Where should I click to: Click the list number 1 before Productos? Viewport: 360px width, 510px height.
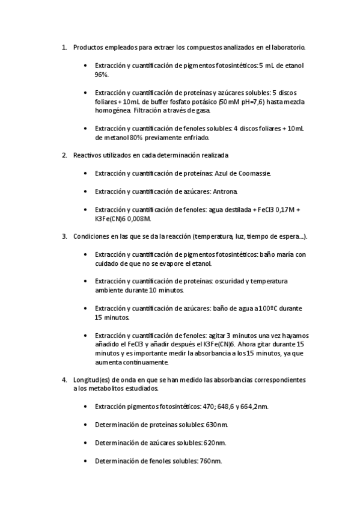click(x=64, y=46)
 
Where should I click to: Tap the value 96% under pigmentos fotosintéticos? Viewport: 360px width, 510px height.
click(x=101, y=75)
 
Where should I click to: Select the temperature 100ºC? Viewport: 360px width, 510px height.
click(x=273, y=309)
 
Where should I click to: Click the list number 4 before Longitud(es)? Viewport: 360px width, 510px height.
click(x=64, y=380)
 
